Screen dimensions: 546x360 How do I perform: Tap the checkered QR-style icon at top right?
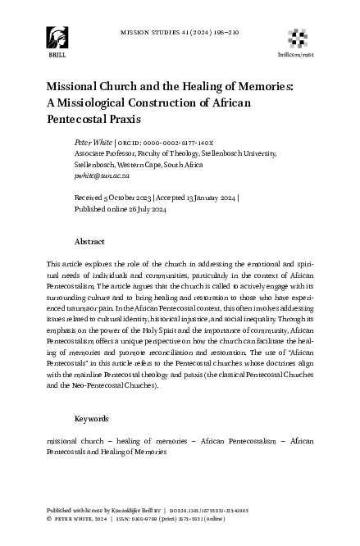(x=297, y=36)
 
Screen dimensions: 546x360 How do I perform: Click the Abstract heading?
(x=89, y=243)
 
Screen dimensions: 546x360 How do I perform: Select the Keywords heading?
(x=93, y=419)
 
